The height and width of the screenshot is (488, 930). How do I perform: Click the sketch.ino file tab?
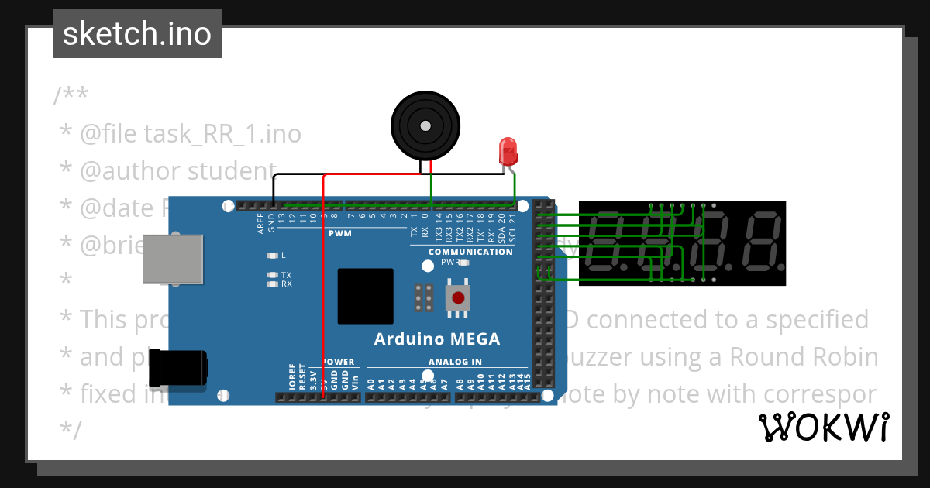point(136,34)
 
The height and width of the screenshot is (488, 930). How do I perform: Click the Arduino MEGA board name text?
point(437,339)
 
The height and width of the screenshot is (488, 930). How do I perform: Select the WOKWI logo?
point(823,427)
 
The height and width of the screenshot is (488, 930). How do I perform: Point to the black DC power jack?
point(177,369)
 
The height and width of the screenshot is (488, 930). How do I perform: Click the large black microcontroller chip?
point(365,296)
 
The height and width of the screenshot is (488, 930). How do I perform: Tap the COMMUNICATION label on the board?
point(470,252)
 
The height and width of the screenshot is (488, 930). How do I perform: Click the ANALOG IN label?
point(455,362)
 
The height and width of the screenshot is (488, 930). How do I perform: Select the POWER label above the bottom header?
point(338,362)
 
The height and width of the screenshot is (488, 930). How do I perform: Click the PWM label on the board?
point(339,233)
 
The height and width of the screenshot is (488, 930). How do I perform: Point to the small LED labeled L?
point(271,255)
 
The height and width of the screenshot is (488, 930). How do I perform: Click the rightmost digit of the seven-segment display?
point(759,243)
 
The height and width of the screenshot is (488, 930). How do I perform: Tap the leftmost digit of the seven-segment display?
point(607,243)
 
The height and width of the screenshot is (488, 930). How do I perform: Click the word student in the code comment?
point(232,170)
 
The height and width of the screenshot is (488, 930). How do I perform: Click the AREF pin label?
point(261,224)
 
